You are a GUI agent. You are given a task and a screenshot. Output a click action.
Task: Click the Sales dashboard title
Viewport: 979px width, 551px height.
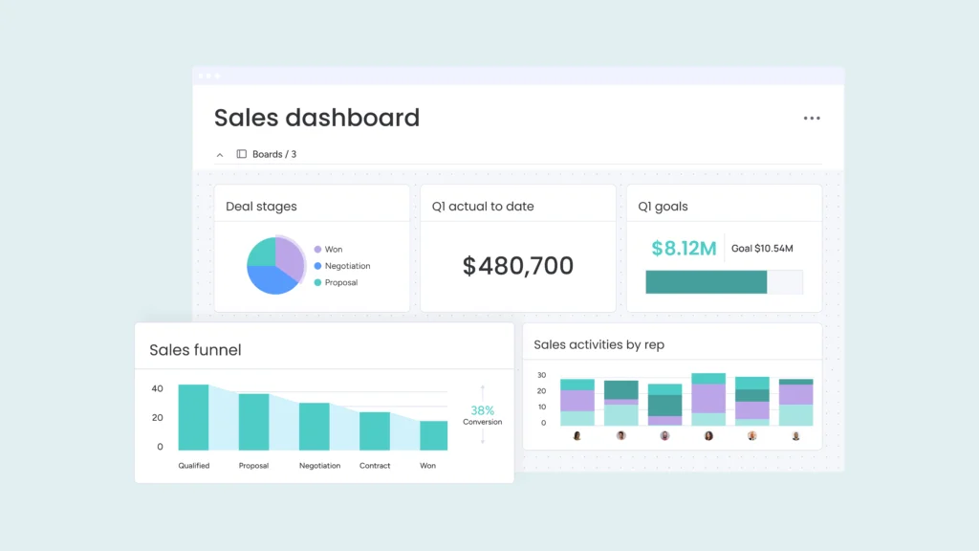coord(316,118)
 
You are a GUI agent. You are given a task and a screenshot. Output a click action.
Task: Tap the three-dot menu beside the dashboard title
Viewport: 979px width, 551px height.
coord(812,119)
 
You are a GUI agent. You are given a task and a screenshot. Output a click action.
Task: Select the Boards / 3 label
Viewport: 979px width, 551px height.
coord(273,154)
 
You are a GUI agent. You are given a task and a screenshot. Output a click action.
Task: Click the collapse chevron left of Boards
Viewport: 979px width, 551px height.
coord(220,154)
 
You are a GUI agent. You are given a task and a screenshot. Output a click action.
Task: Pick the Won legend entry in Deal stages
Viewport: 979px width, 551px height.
coord(333,249)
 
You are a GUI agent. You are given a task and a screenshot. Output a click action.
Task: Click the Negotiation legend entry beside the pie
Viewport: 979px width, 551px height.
coord(346,266)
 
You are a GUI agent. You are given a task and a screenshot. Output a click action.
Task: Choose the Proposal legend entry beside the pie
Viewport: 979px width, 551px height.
coord(340,282)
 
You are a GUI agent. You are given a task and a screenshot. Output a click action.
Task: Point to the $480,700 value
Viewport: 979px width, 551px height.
coord(518,266)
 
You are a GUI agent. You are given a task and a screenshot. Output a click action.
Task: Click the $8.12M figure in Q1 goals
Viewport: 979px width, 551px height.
coord(684,249)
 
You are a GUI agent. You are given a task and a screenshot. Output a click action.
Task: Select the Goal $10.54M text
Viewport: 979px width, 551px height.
coord(762,249)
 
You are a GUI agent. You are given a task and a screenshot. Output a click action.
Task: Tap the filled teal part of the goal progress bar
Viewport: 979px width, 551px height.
coord(706,281)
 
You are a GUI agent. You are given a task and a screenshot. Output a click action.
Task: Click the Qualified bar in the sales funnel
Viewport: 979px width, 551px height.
coord(193,417)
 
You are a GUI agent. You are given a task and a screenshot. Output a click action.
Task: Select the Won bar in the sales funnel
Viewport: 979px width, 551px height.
coord(433,435)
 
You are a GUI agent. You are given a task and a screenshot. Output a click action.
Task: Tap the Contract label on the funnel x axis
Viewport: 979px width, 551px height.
coord(375,466)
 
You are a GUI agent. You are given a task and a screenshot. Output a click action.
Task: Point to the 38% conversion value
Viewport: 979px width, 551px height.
coord(482,410)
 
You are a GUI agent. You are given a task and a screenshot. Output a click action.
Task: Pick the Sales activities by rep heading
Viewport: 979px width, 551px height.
coord(598,344)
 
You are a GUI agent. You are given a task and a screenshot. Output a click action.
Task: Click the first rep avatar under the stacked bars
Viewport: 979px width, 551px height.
coord(577,435)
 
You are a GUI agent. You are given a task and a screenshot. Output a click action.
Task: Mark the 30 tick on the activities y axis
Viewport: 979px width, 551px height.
coord(541,375)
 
